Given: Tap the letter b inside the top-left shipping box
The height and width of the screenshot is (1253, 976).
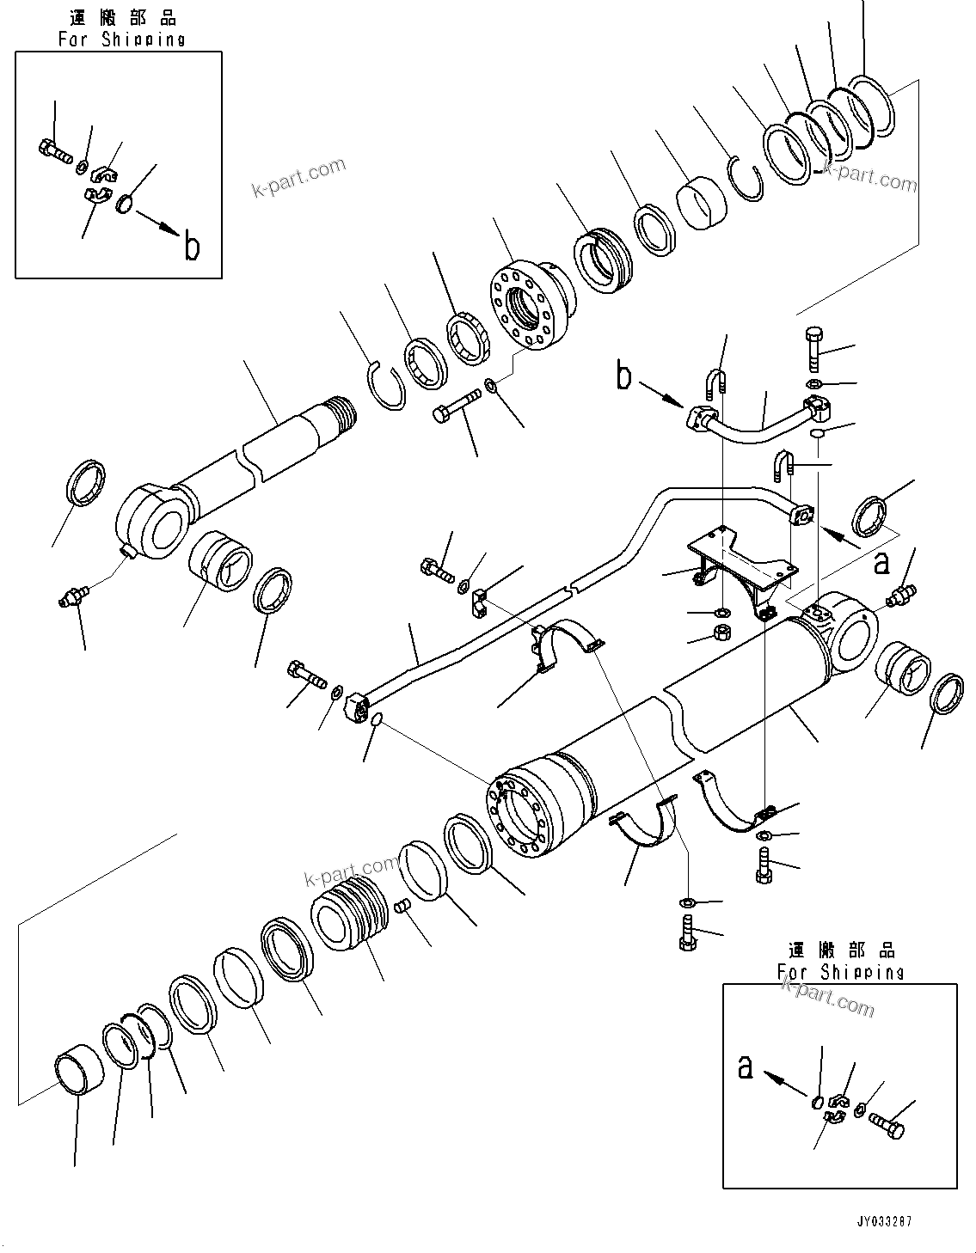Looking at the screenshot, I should coord(192,247).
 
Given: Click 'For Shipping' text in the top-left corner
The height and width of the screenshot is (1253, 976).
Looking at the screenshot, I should coord(121,40).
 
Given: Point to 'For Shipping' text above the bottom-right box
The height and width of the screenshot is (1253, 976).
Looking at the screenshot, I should coord(840,972).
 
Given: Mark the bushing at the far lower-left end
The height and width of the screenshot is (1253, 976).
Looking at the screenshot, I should coord(78,1074).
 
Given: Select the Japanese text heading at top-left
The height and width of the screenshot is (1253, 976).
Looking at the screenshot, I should coord(121,17).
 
